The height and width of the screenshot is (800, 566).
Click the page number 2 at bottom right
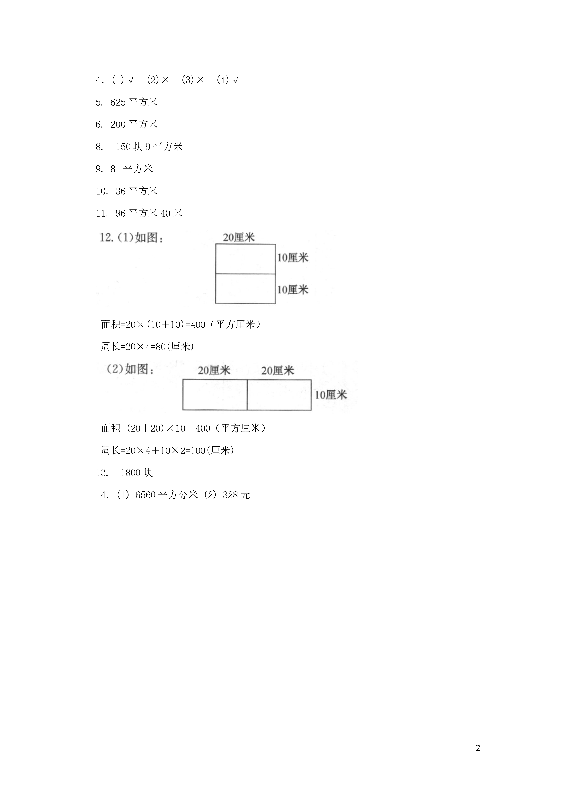click(x=478, y=748)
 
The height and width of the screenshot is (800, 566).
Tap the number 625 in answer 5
click(x=118, y=102)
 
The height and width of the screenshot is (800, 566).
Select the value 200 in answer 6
click(x=118, y=124)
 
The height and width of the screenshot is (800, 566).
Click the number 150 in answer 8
click(x=123, y=147)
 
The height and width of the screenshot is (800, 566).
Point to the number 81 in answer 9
click(x=115, y=169)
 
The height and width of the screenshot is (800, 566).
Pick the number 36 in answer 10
click(x=121, y=191)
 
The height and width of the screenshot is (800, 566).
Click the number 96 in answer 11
click(x=121, y=213)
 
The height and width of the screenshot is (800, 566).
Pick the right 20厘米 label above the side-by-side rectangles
click(x=278, y=370)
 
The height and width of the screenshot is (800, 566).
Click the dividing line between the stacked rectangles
click(x=245, y=274)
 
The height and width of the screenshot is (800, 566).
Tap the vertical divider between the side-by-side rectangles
click(x=247, y=395)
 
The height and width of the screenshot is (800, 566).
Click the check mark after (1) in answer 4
click(x=131, y=80)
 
